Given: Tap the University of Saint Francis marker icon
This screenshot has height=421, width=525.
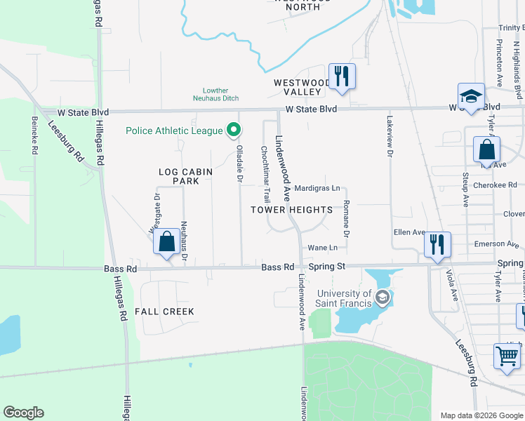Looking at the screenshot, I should (382, 298).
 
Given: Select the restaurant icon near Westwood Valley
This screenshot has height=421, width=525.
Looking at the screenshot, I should (342, 76).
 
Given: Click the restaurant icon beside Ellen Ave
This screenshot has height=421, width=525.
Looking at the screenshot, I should (437, 245).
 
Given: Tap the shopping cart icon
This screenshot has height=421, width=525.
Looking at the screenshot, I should (507, 355).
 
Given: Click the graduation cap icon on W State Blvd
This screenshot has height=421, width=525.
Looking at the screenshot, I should (471, 97).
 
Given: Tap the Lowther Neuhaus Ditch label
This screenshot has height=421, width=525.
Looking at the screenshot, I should (215, 95).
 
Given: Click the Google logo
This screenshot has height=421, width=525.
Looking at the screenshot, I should (23, 413).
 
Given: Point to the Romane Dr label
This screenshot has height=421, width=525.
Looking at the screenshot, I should (346, 217).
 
